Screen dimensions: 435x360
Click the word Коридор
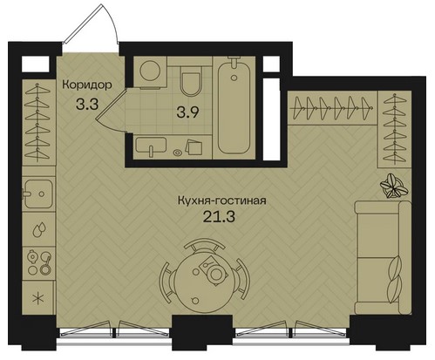[87, 85]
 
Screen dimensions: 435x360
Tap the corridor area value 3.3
[87, 104]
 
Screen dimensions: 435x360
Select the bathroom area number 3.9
[188, 112]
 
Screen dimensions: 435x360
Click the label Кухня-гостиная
[222, 200]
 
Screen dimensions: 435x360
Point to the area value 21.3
[219, 216]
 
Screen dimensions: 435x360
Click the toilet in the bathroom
[191, 79]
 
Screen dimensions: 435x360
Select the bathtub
[234, 105]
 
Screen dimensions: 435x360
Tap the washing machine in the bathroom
[150, 71]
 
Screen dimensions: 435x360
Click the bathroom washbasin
[151, 146]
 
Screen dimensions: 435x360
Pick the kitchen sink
[38, 194]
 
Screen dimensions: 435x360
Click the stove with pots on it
[39, 263]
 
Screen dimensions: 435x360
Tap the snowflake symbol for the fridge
[38, 298]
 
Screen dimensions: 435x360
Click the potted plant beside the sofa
[394, 186]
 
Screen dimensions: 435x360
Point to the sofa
[383, 258]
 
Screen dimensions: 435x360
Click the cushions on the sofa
[395, 280]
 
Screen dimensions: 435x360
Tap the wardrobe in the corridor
[38, 122]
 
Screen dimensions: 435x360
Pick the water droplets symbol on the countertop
[38, 230]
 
